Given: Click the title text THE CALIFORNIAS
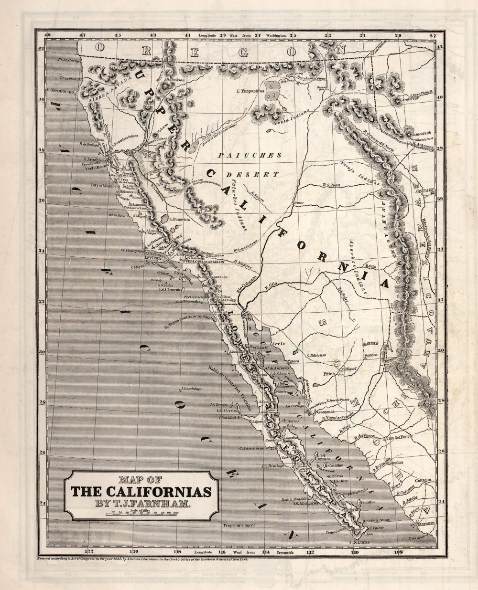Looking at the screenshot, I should click(x=141, y=491).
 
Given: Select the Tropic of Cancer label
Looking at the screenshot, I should click(x=239, y=525).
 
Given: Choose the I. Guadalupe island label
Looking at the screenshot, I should click(x=193, y=388).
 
